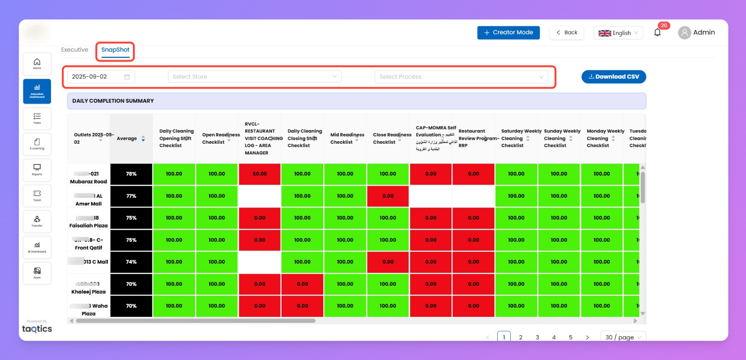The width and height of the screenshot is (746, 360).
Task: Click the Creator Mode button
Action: click(508, 32)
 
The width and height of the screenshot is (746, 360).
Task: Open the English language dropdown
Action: click(618, 33)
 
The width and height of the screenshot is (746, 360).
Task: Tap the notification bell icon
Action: click(657, 32)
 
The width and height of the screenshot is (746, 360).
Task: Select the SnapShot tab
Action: click(115, 50)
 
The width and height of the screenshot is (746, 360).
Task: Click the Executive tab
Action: click(75, 50)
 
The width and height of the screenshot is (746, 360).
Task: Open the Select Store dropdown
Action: click(255, 77)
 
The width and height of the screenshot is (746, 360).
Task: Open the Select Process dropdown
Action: click(461, 77)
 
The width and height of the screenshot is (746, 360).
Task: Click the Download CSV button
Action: click(613, 77)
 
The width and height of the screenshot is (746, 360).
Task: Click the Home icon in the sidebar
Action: click(37, 64)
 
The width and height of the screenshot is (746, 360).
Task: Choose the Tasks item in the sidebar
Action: click(37, 118)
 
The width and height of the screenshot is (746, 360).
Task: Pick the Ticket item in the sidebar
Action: click(37, 196)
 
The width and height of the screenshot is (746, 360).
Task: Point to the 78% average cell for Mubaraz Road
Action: click(131, 174)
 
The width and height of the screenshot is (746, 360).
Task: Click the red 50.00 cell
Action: click(259, 174)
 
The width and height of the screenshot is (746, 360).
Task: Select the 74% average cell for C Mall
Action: click(131, 262)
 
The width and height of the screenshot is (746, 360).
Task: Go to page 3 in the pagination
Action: click(537, 337)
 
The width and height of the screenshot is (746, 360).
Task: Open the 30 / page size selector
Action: click(623, 337)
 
